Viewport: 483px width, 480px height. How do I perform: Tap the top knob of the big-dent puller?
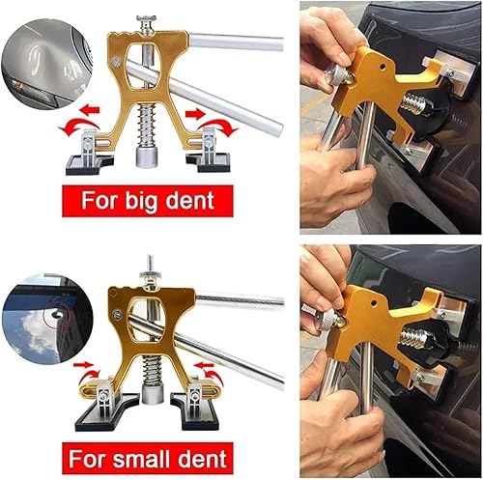click(146, 18)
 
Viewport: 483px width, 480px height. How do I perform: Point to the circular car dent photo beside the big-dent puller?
click(46, 64)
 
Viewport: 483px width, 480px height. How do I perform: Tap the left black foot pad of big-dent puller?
click(90, 165)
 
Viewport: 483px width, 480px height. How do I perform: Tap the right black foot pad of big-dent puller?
click(209, 162)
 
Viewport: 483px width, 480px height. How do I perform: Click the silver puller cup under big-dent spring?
click(147, 157)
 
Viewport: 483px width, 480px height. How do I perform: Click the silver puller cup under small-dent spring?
click(153, 395)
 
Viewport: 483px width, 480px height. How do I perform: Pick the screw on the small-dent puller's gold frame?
click(118, 314)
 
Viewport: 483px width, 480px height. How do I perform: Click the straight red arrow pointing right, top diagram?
click(195, 113)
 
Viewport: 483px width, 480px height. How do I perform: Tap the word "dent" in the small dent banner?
click(203, 459)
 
